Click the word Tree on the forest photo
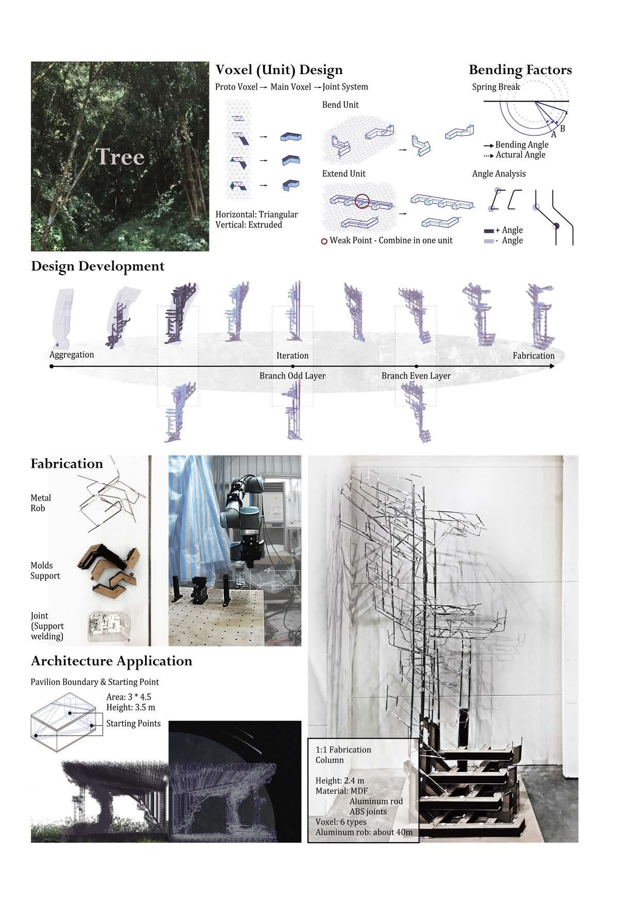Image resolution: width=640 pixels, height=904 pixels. [x=120, y=157]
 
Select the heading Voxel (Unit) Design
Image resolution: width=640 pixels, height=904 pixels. [x=278, y=70]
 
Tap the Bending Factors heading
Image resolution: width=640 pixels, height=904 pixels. [x=520, y=70]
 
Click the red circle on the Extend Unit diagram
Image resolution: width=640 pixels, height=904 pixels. [x=362, y=200]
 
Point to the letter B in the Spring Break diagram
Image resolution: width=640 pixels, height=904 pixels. [x=562, y=128]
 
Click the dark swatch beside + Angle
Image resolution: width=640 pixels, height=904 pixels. [x=489, y=230]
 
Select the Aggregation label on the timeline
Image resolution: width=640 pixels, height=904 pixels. [x=72, y=355]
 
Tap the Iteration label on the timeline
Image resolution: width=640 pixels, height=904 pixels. [x=292, y=356]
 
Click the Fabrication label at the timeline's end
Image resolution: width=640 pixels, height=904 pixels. [x=533, y=356]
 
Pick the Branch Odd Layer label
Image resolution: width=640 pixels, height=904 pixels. [x=292, y=376]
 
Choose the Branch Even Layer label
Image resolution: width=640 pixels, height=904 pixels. [x=416, y=376]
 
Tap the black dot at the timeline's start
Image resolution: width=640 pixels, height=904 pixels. [x=52, y=366]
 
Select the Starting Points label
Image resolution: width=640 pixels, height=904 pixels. [x=133, y=724]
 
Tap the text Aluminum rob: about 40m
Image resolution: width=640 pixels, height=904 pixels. [x=364, y=832]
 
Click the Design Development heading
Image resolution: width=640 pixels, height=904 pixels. [x=97, y=266]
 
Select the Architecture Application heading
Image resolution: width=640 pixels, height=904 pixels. [x=111, y=661]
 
